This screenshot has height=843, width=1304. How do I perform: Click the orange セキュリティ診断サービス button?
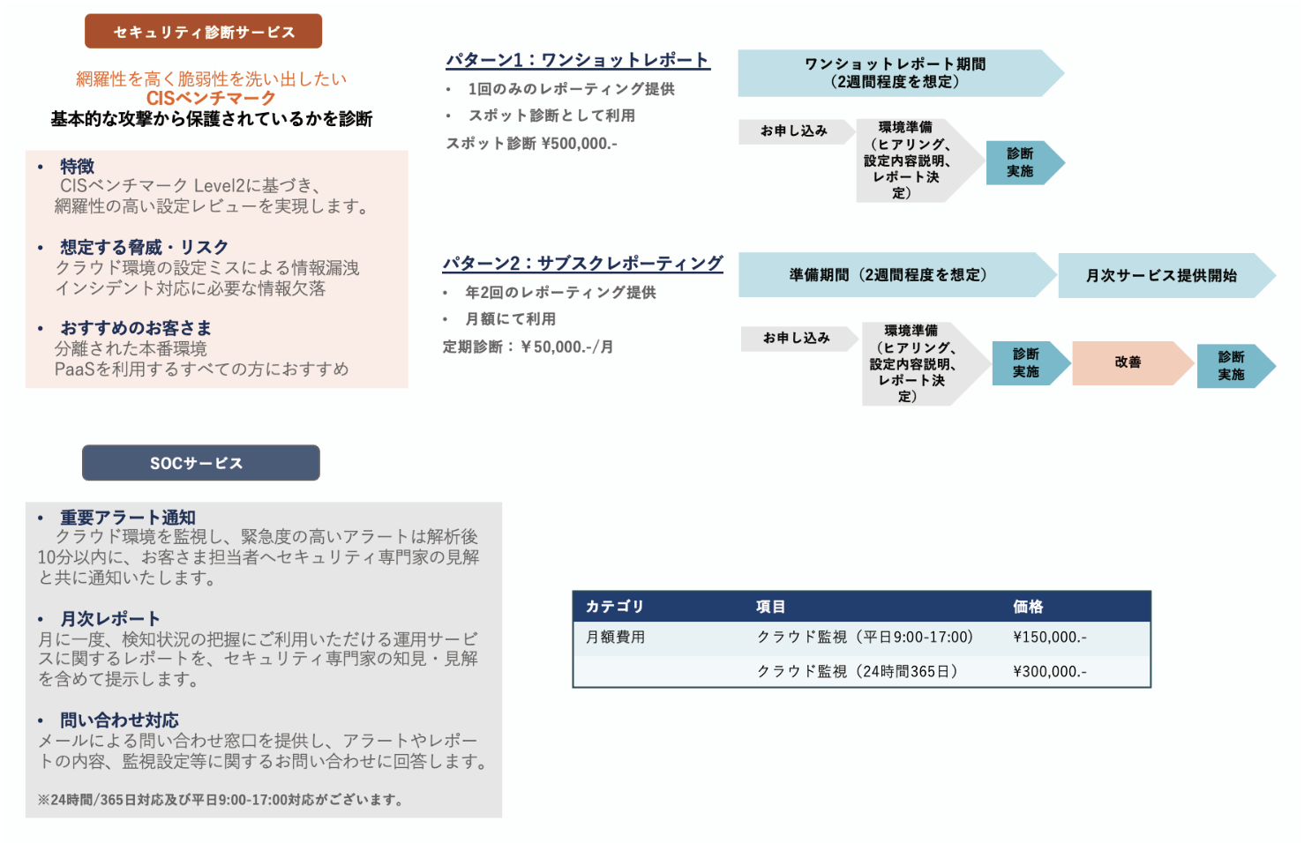[203, 32]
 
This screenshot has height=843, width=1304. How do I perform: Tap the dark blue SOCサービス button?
[200, 463]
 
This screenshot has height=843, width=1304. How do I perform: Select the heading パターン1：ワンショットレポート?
[577, 60]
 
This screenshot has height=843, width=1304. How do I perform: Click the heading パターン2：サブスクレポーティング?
[582, 264]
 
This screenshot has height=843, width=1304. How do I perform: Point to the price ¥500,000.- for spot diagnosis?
[579, 144]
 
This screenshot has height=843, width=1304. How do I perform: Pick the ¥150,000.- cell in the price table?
[1049, 638]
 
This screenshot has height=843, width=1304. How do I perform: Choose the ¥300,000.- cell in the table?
[1049, 672]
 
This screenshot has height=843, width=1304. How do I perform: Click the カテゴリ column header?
[615, 607]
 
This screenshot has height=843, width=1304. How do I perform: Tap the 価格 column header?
[1028, 607]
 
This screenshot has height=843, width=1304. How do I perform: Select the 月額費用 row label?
[615, 638]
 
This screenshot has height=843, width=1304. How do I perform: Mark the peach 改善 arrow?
[1128, 362]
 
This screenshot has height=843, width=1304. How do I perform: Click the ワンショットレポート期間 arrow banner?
[895, 73]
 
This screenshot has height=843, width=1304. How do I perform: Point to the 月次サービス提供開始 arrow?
[1161, 275]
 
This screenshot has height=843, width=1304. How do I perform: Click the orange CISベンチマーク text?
[211, 98]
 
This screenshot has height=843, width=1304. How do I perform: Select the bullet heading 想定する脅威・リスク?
[144, 247]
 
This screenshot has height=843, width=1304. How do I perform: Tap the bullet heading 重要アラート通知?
[128, 518]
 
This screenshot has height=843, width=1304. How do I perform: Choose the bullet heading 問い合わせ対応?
[119, 720]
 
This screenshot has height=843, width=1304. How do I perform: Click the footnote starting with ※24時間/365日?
[221, 800]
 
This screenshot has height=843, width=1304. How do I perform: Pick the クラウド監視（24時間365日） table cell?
[857, 672]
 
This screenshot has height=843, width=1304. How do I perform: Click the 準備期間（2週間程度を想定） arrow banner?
[888, 275]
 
